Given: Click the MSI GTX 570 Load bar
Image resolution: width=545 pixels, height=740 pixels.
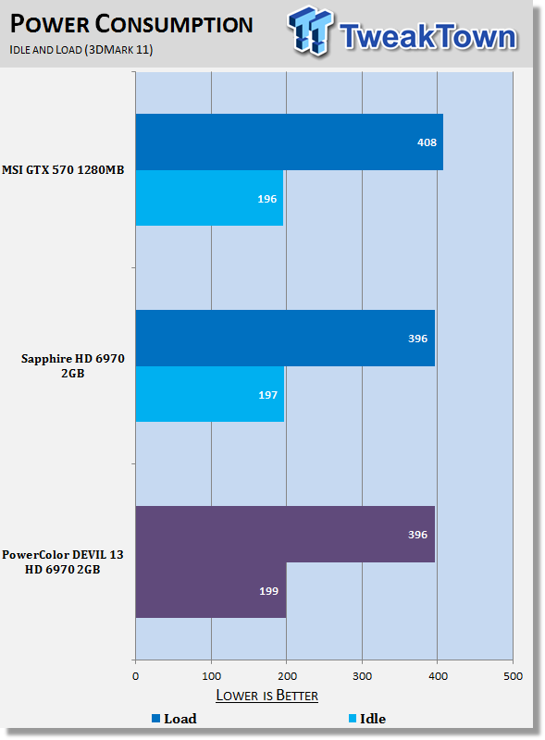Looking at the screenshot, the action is (x=289, y=142).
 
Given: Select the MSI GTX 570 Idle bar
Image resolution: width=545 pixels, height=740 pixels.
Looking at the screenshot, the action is (x=209, y=198).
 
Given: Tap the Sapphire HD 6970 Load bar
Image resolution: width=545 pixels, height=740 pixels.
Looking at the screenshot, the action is (x=285, y=338).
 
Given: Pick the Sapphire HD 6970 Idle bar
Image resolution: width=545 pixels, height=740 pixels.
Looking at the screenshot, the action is (x=210, y=394).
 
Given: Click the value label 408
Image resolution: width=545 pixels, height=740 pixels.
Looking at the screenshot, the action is (x=427, y=142).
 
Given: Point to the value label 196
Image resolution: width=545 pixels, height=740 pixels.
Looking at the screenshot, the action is (x=266, y=199).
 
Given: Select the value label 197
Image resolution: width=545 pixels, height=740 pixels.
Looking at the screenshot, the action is (x=267, y=395).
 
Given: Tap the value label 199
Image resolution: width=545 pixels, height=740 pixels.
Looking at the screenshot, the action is (x=268, y=591).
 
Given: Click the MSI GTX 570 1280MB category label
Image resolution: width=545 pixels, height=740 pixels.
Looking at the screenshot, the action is (x=63, y=170).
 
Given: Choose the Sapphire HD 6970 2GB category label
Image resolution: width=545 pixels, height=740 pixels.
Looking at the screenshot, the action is (x=73, y=365).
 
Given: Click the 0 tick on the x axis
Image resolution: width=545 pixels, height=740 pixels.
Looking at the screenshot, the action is (x=135, y=676).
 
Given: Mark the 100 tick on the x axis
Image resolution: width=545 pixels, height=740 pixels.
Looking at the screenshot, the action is (x=211, y=676).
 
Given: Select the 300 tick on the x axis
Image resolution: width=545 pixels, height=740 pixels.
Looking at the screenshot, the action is (x=362, y=676).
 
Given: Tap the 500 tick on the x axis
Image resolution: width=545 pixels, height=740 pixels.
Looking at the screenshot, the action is (x=513, y=676).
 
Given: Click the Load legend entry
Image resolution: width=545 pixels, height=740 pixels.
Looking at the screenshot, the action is (x=174, y=719).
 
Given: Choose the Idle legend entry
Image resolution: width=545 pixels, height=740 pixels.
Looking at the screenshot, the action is (x=367, y=719).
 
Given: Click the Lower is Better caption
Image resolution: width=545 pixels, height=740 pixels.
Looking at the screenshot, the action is (x=266, y=696).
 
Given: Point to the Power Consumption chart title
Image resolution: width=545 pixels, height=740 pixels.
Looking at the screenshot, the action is (x=131, y=24).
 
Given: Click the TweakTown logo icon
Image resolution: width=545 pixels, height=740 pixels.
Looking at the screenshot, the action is (x=310, y=31).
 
